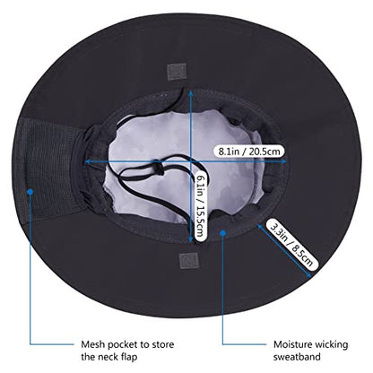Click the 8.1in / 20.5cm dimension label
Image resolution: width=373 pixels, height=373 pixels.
[249, 152]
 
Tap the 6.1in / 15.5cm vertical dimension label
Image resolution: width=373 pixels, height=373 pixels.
[200, 206]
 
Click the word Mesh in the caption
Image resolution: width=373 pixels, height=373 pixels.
[93, 344]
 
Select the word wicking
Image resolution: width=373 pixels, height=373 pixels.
[331, 344]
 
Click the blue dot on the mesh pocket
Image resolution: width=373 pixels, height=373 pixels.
[30, 192]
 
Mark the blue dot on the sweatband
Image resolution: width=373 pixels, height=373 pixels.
[222, 232]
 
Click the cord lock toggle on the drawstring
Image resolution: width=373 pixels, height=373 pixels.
[158, 168]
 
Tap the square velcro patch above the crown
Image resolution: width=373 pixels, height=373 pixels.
[177, 72]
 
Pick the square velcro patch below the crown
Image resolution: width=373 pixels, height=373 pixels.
[188, 261]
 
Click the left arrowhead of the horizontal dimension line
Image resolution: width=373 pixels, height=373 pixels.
[87, 161]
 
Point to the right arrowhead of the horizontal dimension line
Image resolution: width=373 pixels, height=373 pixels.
[284, 161]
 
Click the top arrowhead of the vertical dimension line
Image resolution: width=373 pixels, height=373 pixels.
[190, 93]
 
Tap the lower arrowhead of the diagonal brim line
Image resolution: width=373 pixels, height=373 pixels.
[309, 275]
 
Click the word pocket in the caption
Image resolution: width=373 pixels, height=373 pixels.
[123, 344]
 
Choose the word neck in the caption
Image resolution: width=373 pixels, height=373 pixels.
[108, 357]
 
